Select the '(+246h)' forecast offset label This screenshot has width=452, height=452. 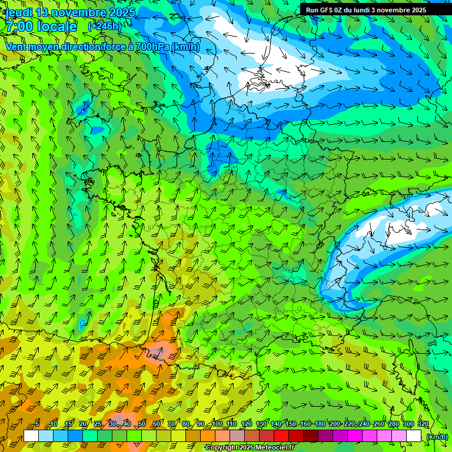point(104,26)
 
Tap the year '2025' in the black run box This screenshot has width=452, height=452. point(416,10)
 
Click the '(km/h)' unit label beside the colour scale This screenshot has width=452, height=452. point(437,437)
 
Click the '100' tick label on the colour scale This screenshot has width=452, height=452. point(217,424)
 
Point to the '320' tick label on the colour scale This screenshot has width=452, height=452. point(423,424)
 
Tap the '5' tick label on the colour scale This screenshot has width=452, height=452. point(37,424)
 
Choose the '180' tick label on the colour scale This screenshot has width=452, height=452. point(320,424)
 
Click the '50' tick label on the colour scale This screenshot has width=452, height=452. point(142,424)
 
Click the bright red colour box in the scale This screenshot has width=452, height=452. point(281,436)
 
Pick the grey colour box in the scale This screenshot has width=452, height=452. point(237,436)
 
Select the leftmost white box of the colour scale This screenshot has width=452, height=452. point(31,436)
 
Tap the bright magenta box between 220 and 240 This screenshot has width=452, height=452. point(355,436)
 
